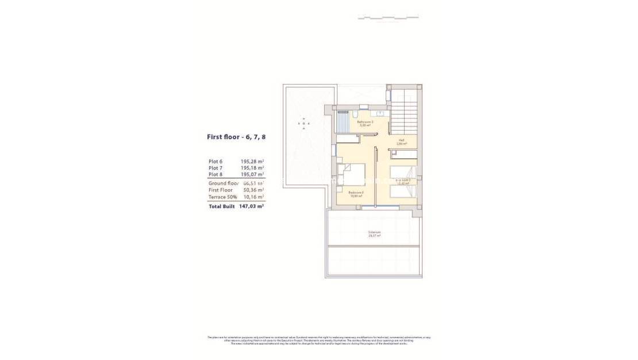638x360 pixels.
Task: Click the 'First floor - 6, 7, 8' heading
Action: (x=236, y=137)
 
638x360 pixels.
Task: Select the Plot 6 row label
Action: (x=216, y=162)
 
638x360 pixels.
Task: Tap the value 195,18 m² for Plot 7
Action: (x=253, y=168)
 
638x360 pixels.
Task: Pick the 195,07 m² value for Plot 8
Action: (x=253, y=174)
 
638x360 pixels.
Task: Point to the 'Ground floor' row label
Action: (x=223, y=183)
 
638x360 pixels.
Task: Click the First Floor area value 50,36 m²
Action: (x=253, y=190)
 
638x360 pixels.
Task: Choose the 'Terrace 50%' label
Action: (x=223, y=197)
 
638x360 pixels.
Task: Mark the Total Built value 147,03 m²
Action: (x=252, y=206)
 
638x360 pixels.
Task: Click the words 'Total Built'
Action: (x=222, y=206)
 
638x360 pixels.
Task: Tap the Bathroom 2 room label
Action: (x=365, y=122)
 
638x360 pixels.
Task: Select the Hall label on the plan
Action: (x=401, y=141)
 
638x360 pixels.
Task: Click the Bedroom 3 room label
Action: (x=356, y=194)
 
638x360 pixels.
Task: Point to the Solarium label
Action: (x=374, y=233)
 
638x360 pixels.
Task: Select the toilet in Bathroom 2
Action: (x=363, y=106)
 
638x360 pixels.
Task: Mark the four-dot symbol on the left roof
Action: (x=304, y=123)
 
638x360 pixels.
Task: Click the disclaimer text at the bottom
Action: (x=319, y=340)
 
